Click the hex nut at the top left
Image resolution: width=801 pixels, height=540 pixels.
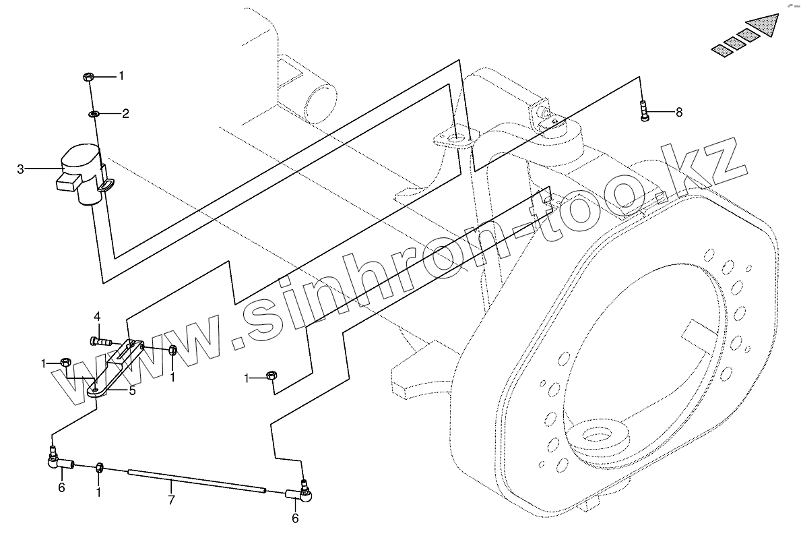[88, 77]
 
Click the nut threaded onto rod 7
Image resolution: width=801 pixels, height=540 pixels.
[100, 467]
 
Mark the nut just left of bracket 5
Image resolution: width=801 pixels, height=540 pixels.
[67, 363]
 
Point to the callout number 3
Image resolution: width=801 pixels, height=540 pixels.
[21, 169]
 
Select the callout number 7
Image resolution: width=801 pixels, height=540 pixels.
[171, 500]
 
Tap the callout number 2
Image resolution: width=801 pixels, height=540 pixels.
[125, 113]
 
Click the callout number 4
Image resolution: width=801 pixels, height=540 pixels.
[97, 317]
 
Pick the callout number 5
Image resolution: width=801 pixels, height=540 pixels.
[133, 390]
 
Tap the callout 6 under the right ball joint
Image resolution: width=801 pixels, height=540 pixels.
[294, 518]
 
